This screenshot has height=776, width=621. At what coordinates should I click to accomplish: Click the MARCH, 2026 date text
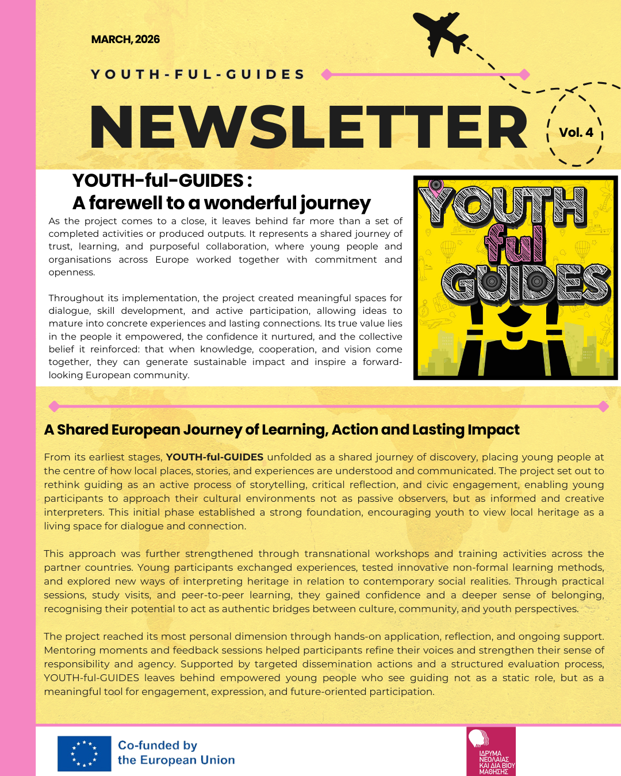[125, 40]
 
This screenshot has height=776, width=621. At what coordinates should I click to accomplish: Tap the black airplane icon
[441, 34]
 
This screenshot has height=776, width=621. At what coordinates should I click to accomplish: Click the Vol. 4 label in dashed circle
[576, 133]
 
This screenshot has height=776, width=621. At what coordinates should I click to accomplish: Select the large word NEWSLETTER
[308, 128]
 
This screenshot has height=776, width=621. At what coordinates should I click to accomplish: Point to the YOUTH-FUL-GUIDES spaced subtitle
[198, 75]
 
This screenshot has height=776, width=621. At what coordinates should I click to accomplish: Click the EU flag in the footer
[84, 754]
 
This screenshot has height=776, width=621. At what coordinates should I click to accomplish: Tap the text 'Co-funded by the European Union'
[176, 752]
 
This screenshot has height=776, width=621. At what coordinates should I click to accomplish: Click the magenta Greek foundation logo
[491, 751]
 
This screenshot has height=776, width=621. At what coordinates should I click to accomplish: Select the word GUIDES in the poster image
[525, 283]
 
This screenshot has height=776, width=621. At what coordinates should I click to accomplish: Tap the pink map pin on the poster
[436, 187]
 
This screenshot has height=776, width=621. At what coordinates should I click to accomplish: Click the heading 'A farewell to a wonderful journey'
[221, 203]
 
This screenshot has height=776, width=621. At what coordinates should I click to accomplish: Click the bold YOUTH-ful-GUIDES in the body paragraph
[214, 458]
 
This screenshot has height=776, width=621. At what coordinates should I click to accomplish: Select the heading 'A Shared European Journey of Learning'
[282, 430]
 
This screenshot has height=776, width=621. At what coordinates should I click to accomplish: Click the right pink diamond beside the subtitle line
[524, 74]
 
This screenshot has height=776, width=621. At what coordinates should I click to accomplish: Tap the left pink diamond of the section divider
[54, 406]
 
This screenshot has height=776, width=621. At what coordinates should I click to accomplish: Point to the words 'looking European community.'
[119, 375]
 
